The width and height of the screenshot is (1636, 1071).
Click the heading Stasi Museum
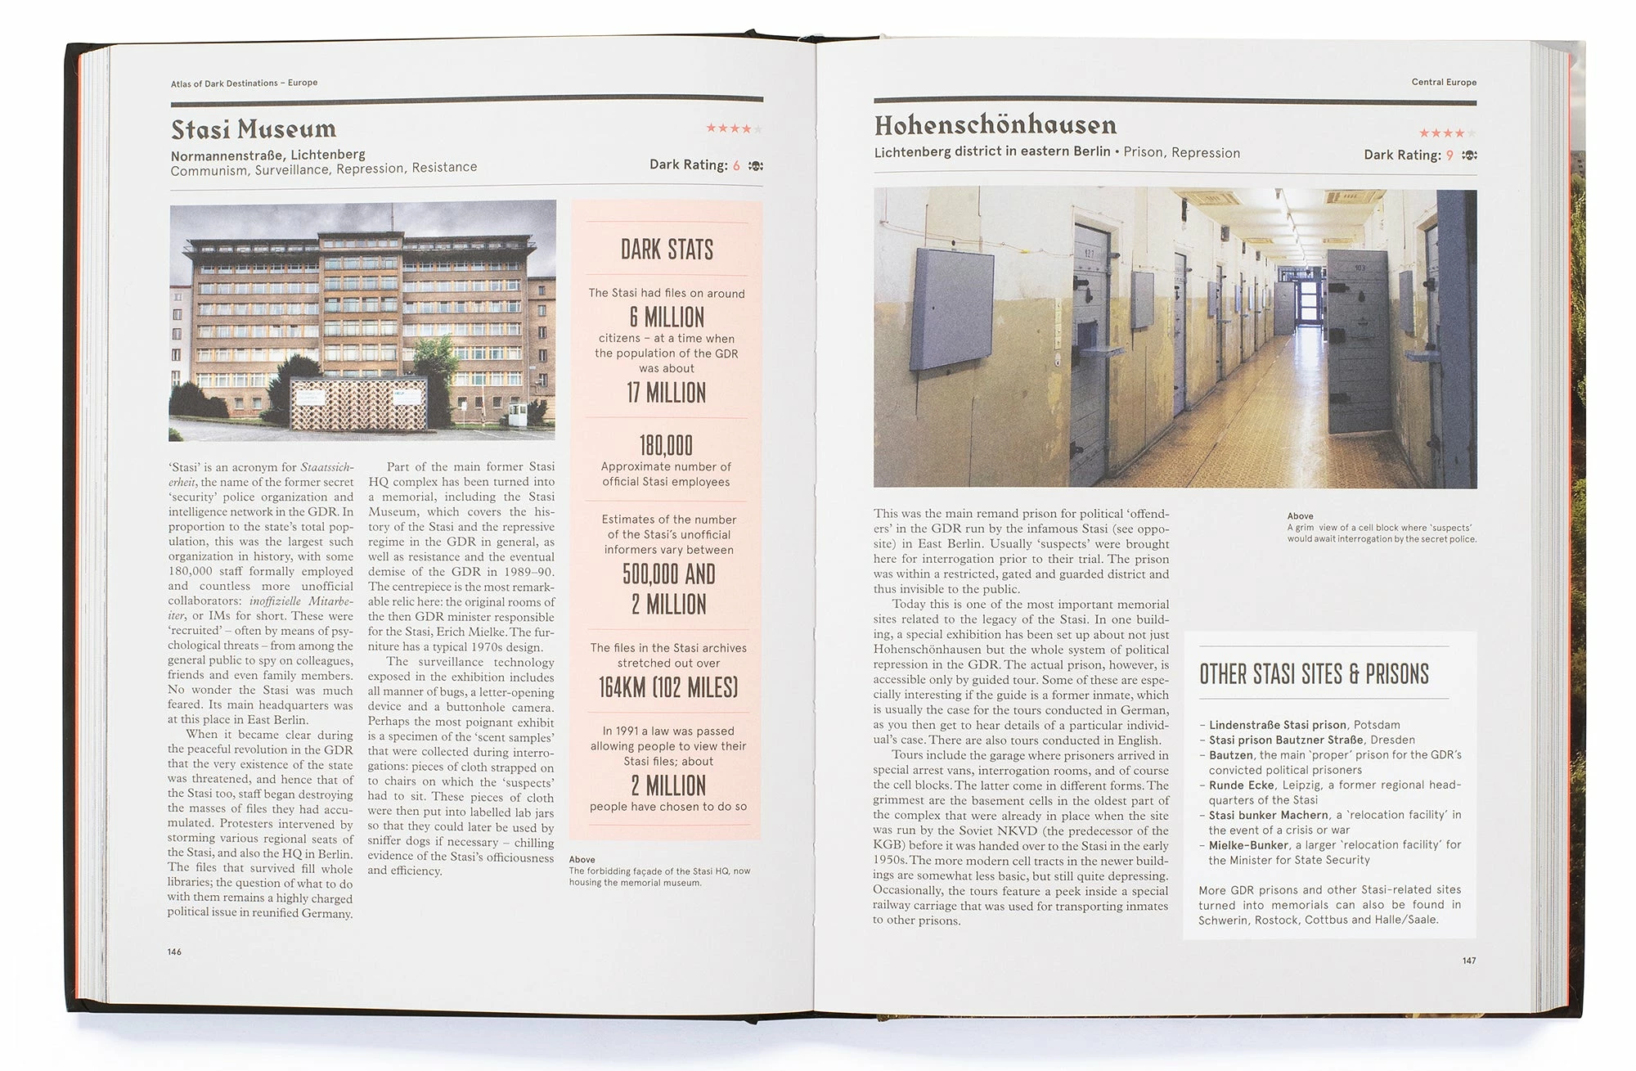pyautogui.click(x=254, y=129)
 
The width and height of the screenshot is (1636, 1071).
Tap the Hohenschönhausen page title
pyautogui.click(x=995, y=125)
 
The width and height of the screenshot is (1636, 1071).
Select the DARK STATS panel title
pyautogui.click(x=667, y=250)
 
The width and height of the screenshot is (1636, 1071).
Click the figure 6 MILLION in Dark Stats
pyautogui.click(x=667, y=317)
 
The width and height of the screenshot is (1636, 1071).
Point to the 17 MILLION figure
pyautogui.click(x=667, y=393)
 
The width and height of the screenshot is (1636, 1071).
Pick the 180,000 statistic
pyautogui.click(x=666, y=445)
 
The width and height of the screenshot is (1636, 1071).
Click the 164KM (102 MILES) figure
pyautogui.click(x=668, y=687)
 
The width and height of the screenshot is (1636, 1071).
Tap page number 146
pyautogui.click(x=175, y=952)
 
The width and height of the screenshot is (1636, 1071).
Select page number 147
pyautogui.click(x=1469, y=961)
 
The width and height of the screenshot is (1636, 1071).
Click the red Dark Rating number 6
pyautogui.click(x=736, y=165)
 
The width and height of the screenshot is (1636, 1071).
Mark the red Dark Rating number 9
pyautogui.click(x=1449, y=155)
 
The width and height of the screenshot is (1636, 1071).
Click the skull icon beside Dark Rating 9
pyautogui.click(x=1469, y=155)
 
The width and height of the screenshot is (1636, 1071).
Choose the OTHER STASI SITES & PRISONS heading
pyautogui.click(x=1314, y=674)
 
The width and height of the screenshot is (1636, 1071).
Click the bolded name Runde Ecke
pyautogui.click(x=1241, y=785)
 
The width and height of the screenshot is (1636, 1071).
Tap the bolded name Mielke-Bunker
pyautogui.click(x=1248, y=844)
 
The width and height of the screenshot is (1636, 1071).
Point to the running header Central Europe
pyautogui.click(x=1444, y=82)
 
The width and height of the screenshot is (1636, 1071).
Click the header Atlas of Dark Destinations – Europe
pyautogui.click(x=244, y=83)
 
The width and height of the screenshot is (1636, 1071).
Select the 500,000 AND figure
pyautogui.click(x=668, y=574)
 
